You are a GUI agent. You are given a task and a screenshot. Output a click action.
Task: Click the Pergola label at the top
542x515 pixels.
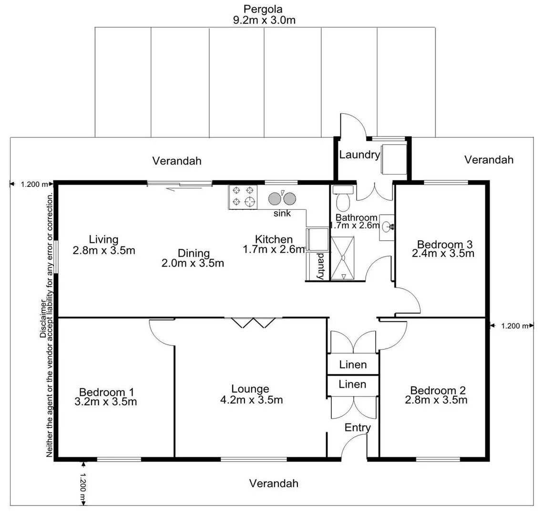tap(263, 9)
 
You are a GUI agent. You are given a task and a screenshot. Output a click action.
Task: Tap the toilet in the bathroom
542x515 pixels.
tap(343, 200)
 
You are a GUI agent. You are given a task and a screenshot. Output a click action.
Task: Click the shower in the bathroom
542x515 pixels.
tap(343, 257)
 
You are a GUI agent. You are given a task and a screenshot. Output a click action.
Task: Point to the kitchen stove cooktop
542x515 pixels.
tap(243, 197)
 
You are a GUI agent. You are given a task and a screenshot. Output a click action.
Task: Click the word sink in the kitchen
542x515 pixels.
tap(282, 214)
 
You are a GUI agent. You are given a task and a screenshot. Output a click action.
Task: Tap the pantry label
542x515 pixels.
tap(321, 267)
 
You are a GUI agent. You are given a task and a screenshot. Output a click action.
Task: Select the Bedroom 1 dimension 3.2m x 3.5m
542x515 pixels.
tap(106, 402)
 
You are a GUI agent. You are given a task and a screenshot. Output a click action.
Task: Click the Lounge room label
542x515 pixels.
tap(250, 389)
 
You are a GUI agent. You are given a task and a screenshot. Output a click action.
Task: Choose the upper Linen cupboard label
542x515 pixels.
tap(353, 365)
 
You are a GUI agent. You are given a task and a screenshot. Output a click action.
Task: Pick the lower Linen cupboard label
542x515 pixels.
tap(353, 384)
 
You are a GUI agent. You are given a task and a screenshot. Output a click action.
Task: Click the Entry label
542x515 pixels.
tap(358, 428)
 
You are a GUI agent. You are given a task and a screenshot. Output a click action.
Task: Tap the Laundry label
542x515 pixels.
tap(359, 154)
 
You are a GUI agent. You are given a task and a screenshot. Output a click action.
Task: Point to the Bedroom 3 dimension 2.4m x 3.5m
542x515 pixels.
tap(443, 254)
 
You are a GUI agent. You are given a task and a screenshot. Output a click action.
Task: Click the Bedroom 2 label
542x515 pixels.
tap(438, 390)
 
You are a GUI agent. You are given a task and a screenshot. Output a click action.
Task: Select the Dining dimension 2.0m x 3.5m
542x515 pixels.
tap(194, 263)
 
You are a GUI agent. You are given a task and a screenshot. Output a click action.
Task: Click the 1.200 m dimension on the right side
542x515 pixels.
tap(515, 326)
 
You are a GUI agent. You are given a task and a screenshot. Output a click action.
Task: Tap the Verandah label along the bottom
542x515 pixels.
tap(274, 484)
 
